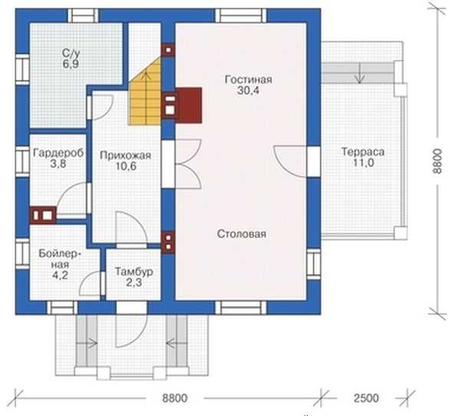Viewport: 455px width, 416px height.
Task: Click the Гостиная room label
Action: [249, 80]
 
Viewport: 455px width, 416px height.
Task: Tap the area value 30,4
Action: [249, 91]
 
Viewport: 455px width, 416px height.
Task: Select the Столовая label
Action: [242, 233]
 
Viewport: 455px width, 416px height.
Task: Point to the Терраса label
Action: [363, 152]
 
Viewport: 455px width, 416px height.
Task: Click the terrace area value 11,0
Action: [363, 163]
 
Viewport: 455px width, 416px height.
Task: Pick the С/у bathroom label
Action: [71, 53]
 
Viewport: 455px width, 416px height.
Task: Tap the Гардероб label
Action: [58, 153]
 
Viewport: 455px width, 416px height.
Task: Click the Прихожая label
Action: [125, 155]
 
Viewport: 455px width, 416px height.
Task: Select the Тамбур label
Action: [134, 272]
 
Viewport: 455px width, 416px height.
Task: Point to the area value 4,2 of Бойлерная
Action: [60, 275]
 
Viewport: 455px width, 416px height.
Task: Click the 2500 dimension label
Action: [366, 398]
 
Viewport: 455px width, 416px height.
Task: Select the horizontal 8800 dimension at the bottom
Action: [175, 398]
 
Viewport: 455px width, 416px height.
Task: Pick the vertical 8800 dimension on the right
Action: [437, 161]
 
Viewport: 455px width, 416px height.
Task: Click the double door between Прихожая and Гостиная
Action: [188, 164]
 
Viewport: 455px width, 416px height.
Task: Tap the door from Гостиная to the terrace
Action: [290, 161]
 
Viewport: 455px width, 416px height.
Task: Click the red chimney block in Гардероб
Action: [43, 216]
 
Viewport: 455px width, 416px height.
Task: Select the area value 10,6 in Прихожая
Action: [127, 167]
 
